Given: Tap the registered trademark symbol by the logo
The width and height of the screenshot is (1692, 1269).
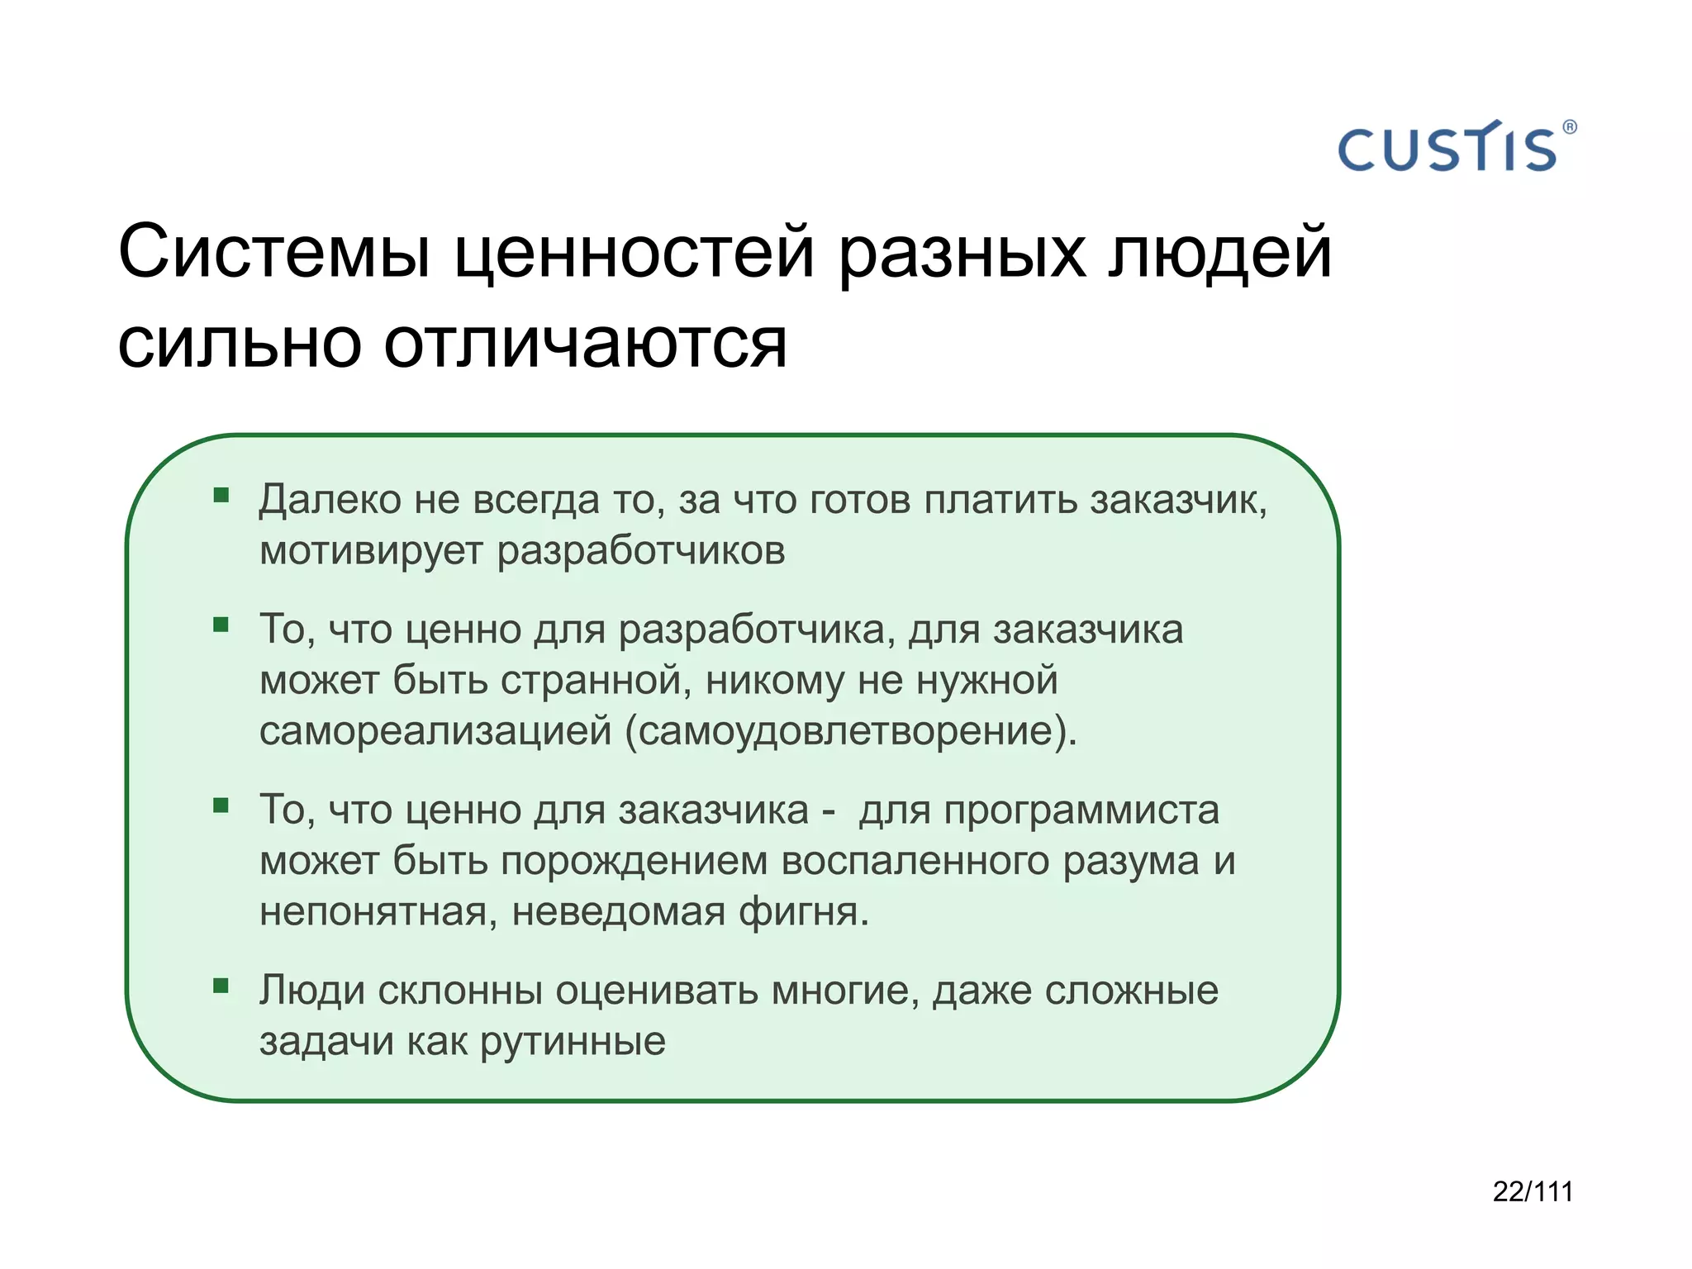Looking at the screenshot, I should [x=1570, y=127].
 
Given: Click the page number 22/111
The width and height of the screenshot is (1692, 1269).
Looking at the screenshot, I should [x=1533, y=1191].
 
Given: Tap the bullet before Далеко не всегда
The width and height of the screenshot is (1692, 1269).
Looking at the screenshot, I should [x=221, y=496].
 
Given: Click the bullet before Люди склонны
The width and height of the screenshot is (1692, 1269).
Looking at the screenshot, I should [x=221, y=986].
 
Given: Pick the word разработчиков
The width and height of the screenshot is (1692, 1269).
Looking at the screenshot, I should [x=641, y=551].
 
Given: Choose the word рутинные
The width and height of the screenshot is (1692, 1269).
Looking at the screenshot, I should [x=573, y=1042].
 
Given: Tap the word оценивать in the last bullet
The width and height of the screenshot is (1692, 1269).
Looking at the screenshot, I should [x=656, y=991].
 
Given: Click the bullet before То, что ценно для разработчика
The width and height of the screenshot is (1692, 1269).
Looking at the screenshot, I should [x=221, y=625].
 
